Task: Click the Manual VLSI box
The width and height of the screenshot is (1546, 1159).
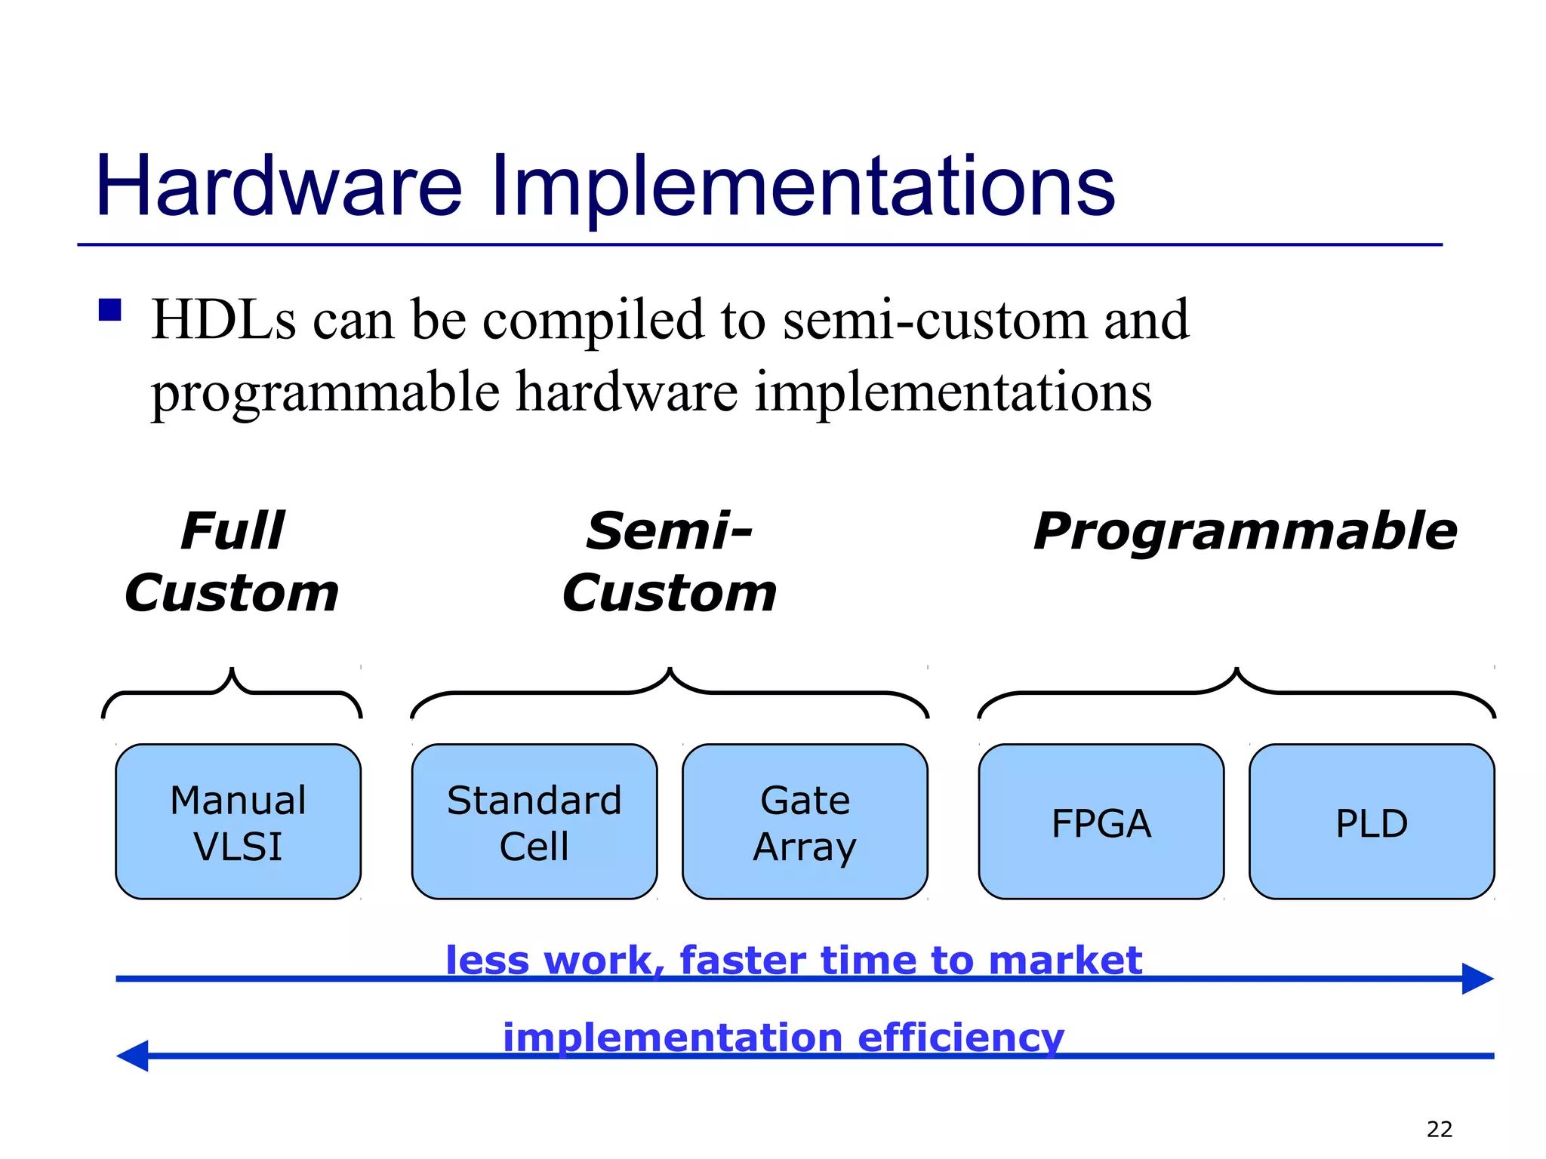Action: click(238, 822)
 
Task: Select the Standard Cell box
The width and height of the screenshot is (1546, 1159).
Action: click(534, 822)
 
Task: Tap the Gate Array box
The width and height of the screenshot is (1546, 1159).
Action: click(805, 822)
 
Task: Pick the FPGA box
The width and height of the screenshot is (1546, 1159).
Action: click(1101, 822)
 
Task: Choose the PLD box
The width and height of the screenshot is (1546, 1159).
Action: click(1372, 822)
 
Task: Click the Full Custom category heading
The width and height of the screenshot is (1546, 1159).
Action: click(232, 561)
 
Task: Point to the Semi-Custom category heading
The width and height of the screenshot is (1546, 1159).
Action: click(669, 561)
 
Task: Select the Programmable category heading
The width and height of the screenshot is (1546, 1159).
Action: click(1245, 531)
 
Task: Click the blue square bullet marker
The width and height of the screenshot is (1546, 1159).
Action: click(110, 310)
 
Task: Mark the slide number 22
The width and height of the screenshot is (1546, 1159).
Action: click(1439, 1130)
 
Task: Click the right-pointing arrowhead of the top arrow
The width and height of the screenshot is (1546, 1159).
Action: click(1477, 979)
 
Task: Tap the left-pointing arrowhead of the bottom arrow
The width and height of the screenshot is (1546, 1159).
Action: click(134, 1056)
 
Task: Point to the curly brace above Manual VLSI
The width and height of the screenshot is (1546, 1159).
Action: click(232, 690)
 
